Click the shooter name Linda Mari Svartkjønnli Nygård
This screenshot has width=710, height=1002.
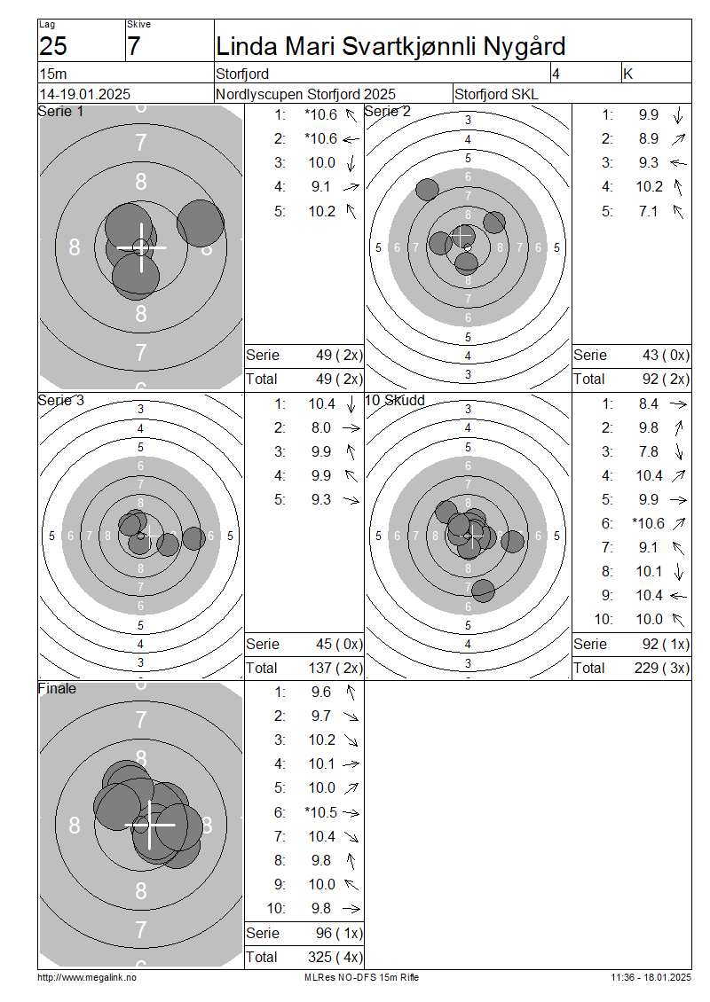pyautogui.click(x=390, y=47)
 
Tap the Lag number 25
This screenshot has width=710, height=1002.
pyautogui.click(x=53, y=47)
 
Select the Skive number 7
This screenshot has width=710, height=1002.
pyautogui.click(x=134, y=47)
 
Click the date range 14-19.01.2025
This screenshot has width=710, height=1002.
pyautogui.click(x=85, y=95)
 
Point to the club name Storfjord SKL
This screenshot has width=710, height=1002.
pyautogui.click(x=496, y=95)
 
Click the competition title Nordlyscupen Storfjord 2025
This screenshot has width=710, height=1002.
pyautogui.click(x=306, y=95)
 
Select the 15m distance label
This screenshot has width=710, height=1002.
pyautogui.click(x=53, y=74)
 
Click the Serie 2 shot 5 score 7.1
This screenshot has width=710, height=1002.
pyautogui.click(x=648, y=211)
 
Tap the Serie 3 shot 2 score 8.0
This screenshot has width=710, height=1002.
pyautogui.click(x=321, y=427)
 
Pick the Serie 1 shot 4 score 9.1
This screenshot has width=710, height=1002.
pyautogui.click(x=321, y=186)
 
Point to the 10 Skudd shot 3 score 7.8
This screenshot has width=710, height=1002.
pyautogui.click(x=648, y=452)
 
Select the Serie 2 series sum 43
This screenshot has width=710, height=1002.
pyautogui.click(x=651, y=356)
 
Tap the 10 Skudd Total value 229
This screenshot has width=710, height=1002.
pyautogui.click(x=647, y=668)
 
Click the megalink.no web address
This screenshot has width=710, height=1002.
pyautogui.click(x=87, y=978)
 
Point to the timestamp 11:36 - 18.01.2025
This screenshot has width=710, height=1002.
pyautogui.click(x=651, y=977)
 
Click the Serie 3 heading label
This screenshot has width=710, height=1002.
pyautogui.click(x=60, y=401)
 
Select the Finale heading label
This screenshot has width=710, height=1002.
pyautogui.click(x=57, y=689)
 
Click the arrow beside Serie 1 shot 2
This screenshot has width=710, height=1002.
pyautogui.click(x=351, y=138)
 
